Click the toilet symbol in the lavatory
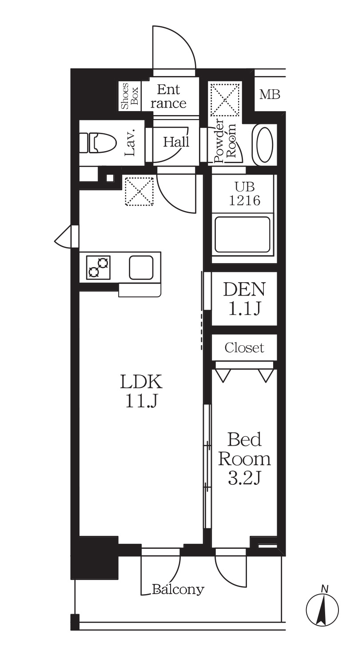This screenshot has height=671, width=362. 98,143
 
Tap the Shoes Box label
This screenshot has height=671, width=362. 129,96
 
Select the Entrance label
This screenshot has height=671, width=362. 168,96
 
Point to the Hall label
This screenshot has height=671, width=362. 176,142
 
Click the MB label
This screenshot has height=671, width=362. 270,95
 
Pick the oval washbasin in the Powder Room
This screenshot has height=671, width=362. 263,145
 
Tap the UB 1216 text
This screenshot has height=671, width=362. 244,193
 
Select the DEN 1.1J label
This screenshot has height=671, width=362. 244,299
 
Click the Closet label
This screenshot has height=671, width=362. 244,348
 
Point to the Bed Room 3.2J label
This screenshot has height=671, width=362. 244,459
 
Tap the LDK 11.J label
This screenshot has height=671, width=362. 141,391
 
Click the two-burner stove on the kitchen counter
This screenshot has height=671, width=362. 98,268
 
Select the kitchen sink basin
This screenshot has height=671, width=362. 141,268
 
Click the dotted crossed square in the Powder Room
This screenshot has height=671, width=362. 225,100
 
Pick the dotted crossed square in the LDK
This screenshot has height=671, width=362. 139,192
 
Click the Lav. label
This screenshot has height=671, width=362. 130,143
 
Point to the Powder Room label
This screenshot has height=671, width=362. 226,142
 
